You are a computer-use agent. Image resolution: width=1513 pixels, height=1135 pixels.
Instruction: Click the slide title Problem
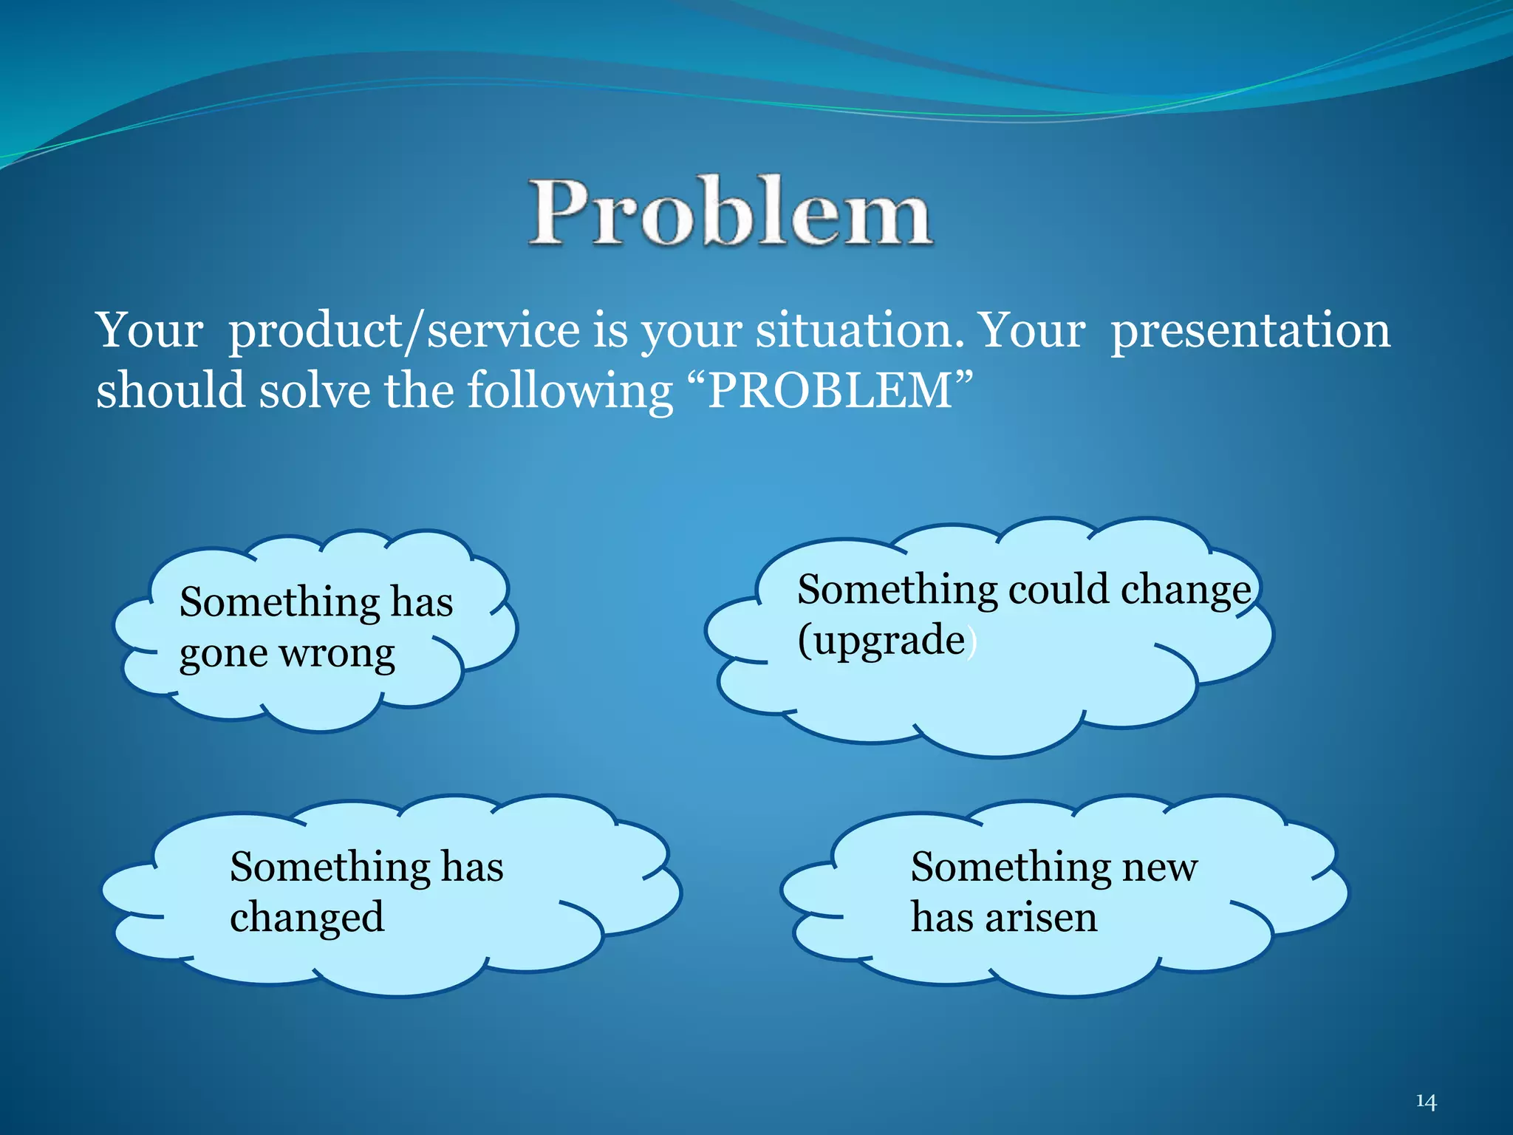[730, 212]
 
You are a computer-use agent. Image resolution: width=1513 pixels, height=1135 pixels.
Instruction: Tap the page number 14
[1426, 1102]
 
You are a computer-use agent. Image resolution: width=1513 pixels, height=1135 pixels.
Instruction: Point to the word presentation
[1250, 330]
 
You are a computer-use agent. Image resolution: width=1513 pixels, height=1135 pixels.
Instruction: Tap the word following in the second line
[570, 392]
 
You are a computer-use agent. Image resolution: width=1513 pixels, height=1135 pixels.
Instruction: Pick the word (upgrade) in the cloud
[887, 641]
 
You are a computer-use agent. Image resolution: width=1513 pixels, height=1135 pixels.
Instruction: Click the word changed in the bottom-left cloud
[307, 918]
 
